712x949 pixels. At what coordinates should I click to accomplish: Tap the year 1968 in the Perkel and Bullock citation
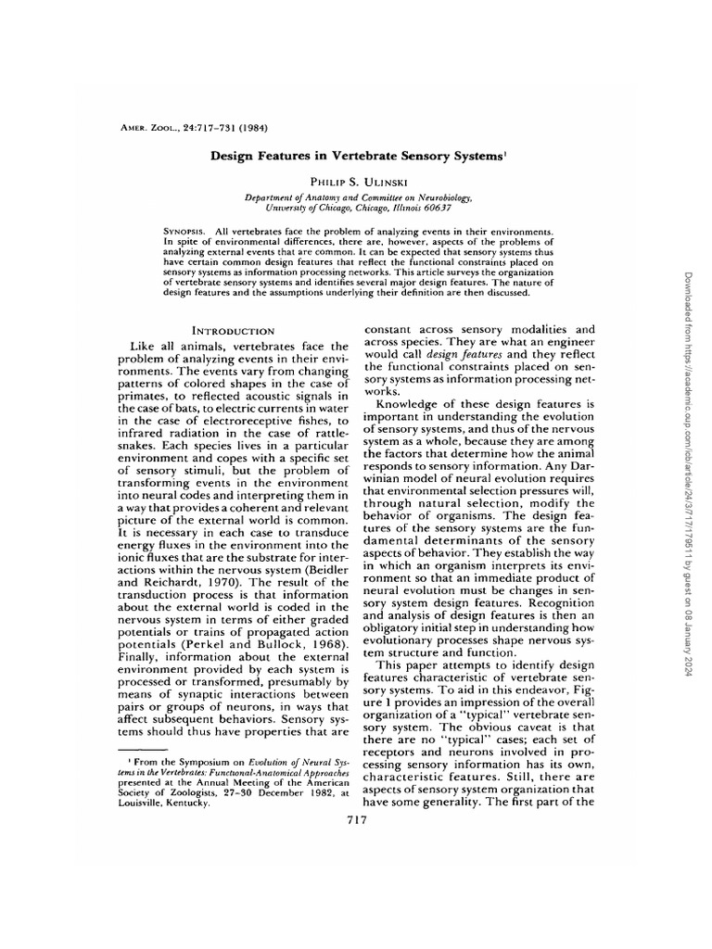pos(320,641)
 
